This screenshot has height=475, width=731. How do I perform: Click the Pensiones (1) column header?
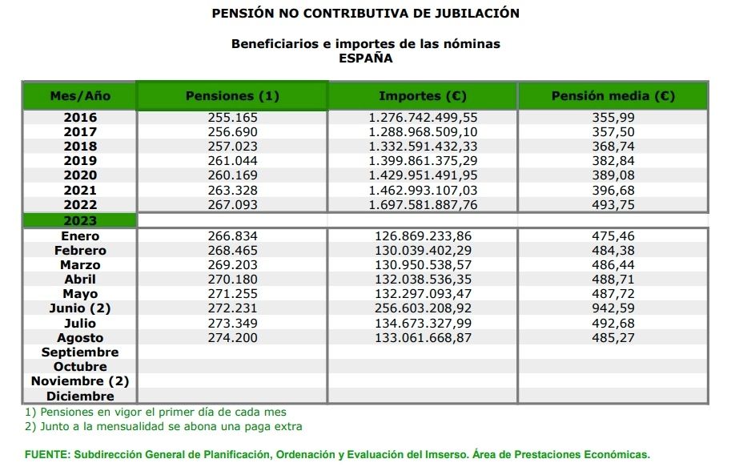(x=232, y=96)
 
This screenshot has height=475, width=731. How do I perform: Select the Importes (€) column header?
(x=422, y=96)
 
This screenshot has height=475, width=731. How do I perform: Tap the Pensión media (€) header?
(x=613, y=96)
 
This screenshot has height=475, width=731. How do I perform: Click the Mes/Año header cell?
(x=80, y=96)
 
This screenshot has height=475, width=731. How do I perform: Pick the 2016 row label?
(x=80, y=117)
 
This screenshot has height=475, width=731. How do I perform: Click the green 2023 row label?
(x=80, y=220)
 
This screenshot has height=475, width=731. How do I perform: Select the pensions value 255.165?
(x=232, y=117)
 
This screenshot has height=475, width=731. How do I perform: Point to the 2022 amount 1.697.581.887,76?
(x=422, y=204)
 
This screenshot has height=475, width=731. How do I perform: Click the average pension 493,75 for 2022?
(x=613, y=204)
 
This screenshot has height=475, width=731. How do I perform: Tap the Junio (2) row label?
(x=80, y=308)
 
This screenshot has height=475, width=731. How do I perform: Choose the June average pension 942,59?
(x=613, y=308)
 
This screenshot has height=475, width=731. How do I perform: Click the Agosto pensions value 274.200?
(x=232, y=338)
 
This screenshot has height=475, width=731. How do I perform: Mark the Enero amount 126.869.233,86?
(x=422, y=236)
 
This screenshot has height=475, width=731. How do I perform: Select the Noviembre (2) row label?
(x=80, y=381)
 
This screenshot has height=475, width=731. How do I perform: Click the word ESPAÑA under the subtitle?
(x=365, y=58)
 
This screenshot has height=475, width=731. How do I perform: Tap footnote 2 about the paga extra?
(x=163, y=426)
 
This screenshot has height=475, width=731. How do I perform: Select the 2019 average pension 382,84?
(x=613, y=160)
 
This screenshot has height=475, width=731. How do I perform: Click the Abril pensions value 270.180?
(x=232, y=280)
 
